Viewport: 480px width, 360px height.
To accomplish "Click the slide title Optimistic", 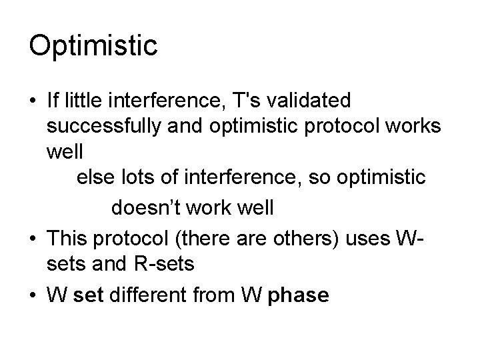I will click(x=93, y=47).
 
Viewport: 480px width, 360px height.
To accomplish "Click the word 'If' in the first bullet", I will click(x=54, y=101).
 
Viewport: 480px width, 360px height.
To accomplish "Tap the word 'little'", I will click(x=83, y=101).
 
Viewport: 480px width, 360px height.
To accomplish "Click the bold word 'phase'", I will click(x=297, y=295).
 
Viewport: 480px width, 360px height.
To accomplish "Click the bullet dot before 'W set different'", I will click(x=32, y=295).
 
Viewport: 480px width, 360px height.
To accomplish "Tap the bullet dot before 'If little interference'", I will click(x=32, y=101).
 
